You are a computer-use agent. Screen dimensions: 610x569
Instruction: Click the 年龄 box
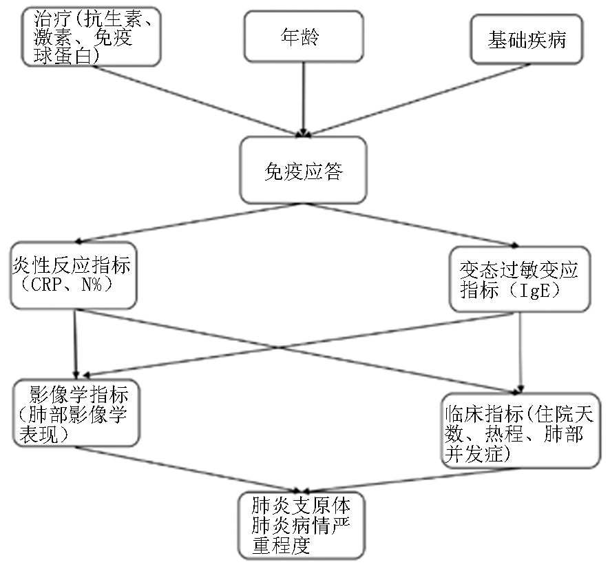pos(304,37)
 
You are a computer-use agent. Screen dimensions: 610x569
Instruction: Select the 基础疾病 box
pos(527,39)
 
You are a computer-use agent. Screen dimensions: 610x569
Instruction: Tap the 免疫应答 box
pos(304,170)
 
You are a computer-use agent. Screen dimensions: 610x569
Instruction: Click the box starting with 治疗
pos(91,37)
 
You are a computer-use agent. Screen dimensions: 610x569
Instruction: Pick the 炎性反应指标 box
pos(74,276)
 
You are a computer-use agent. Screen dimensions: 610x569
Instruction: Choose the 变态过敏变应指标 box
pos(520,279)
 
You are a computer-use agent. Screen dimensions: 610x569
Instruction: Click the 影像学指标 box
pos(76,413)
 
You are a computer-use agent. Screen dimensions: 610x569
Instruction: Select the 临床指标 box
pos(521,431)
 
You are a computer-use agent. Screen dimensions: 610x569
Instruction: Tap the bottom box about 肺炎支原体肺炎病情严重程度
pos(302,526)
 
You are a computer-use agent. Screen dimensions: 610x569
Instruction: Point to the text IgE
pos(536,290)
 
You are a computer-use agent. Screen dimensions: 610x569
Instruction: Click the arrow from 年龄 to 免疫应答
pos(304,100)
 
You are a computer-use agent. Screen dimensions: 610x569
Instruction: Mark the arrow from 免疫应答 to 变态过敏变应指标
pos(411,225)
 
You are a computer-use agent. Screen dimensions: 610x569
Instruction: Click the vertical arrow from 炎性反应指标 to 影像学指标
pos(76,344)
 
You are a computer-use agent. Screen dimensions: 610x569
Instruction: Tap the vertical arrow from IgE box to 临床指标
pos(520,353)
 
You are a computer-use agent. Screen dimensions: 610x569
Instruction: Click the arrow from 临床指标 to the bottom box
pos(412,480)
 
